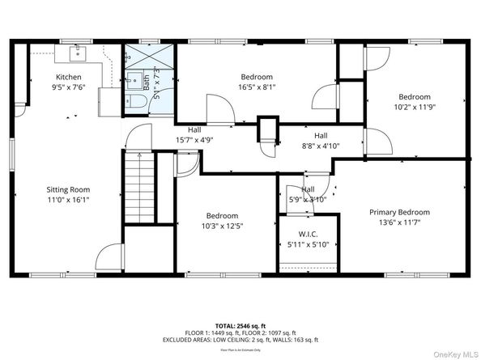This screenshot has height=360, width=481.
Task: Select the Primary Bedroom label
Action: click(x=422, y=212)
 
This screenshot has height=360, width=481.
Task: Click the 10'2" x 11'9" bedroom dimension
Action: click(x=415, y=105)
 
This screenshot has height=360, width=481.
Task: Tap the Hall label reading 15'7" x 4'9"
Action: click(x=194, y=139)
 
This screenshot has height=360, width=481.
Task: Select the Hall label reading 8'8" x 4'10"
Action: click(x=321, y=146)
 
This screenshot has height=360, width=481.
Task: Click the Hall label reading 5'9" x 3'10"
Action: click(x=308, y=199)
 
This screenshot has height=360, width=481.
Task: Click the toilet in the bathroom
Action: click(x=135, y=100)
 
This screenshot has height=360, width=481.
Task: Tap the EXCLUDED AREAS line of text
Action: click(x=240, y=339)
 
